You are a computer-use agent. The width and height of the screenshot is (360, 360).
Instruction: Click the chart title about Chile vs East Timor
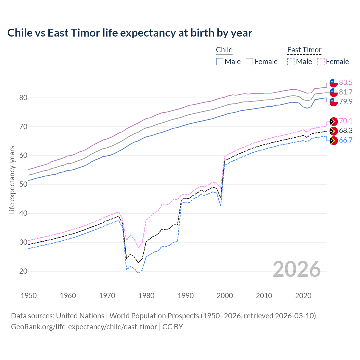point(130,33)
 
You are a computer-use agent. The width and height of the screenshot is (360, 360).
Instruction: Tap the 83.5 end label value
point(346,82)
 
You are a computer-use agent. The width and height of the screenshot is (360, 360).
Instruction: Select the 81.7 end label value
point(346,92)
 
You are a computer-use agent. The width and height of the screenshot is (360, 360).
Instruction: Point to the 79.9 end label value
point(346,102)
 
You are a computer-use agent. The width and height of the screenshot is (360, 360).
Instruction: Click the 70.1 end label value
point(346,121)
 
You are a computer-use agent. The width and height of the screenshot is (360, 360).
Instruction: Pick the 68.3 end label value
point(346,130)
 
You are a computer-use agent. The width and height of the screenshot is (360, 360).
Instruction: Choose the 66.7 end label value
point(346,140)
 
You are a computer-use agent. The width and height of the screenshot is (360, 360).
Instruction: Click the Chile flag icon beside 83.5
point(334,83)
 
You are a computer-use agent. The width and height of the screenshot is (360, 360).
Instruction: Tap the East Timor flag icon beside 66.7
point(334,141)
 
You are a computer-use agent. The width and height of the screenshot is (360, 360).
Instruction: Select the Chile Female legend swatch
point(249,62)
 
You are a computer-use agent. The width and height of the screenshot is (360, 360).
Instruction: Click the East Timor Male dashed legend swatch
point(291,62)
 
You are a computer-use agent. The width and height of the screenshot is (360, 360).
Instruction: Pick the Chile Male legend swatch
point(220,62)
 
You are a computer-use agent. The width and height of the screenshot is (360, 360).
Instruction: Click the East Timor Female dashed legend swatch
point(321,62)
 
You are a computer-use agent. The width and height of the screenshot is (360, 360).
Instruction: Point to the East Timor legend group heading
point(304,50)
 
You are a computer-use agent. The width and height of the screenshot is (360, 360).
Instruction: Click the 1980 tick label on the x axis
point(146,296)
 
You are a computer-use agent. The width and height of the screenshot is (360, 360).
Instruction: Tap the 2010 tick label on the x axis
point(264,296)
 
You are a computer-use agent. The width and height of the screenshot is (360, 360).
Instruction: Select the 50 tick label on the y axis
point(23,184)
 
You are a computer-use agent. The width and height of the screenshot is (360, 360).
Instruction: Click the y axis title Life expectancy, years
point(12,180)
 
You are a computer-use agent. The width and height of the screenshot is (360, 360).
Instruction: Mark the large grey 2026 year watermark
point(296,269)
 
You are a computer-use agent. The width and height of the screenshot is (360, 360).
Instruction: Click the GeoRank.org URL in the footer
point(84,327)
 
